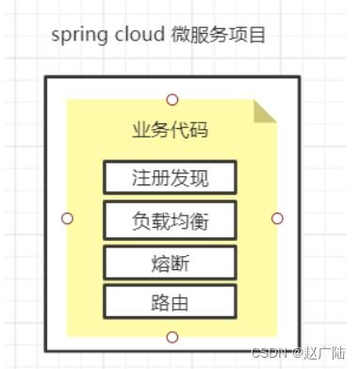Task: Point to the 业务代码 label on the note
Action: (170, 130)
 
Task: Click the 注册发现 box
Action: (170, 177)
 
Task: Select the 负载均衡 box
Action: (170, 221)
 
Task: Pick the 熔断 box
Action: (170, 263)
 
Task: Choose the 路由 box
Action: (170, 302)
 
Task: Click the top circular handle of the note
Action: (172, 100)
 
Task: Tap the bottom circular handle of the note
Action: (172, 336)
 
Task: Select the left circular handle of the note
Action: (67, 218)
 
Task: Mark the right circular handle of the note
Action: (277, 218)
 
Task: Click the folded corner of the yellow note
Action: (266, 111)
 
